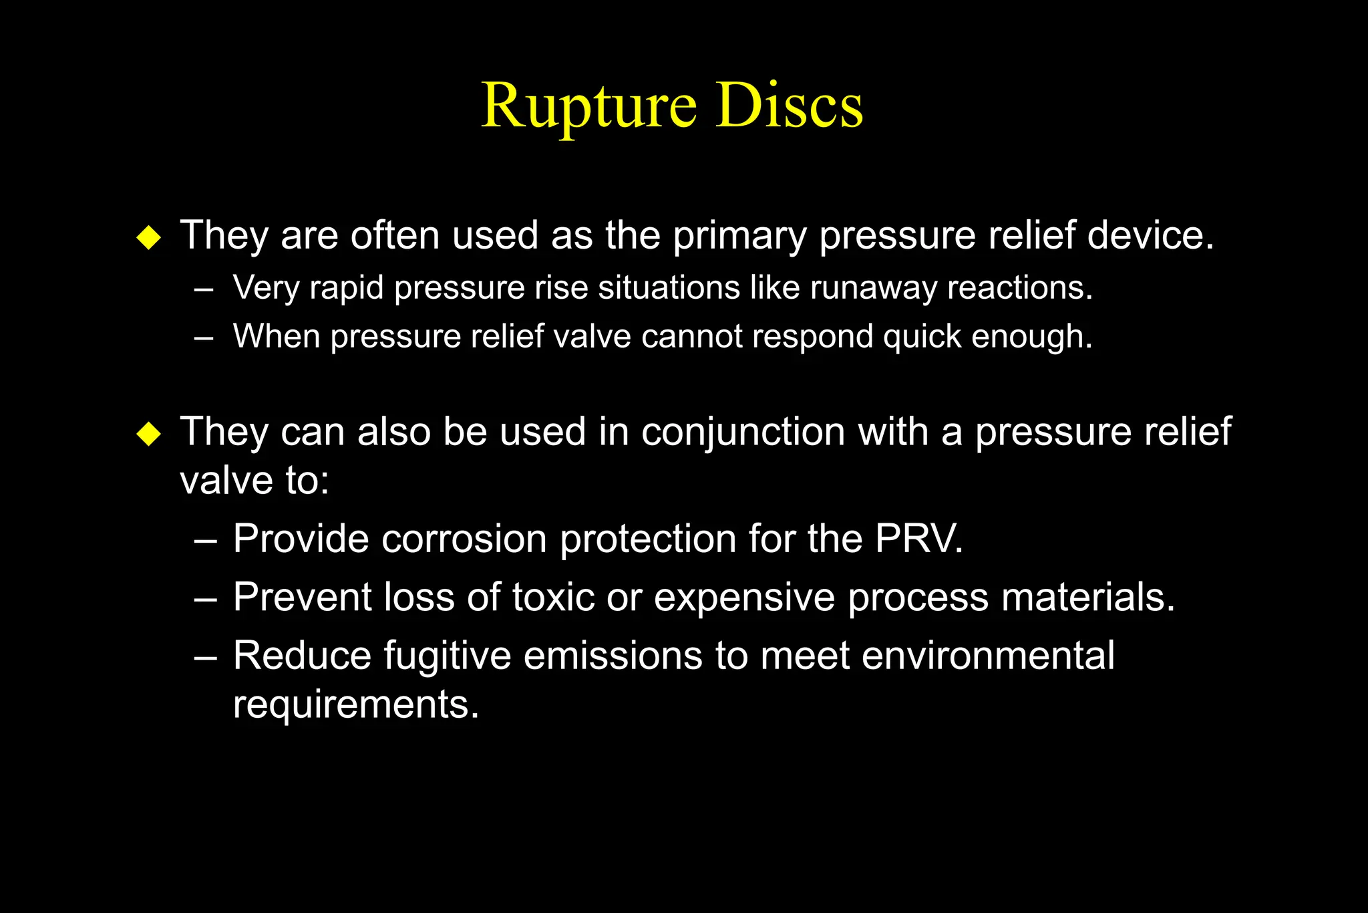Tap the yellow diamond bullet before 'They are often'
(x=148, y=237)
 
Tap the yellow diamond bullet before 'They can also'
(x=148, y=434)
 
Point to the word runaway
(x=873, y=289)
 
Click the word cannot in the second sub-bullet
(x=692, y=336)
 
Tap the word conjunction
(x=743, y=432)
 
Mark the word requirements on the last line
(x=355, y=705)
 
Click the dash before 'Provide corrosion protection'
(x=205, y=540)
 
